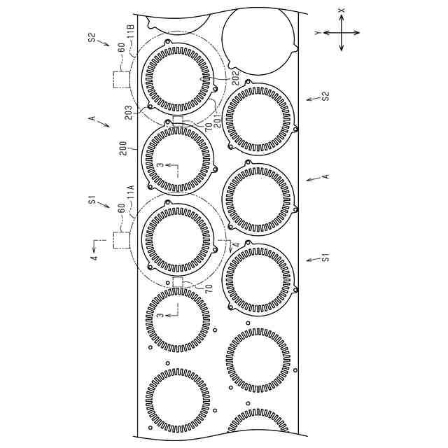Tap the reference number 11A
pyautogui.click(x=131, y=192)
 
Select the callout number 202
pyautogui.click(x=236, y=78)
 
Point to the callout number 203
pyautogui.click(x=129, y=113)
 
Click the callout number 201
pyautogui.click(x=218, y=120)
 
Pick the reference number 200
pyautogui.click(x=123, y=148)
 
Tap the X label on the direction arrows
pyautogui.click(x=342, y=10)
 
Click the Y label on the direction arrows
pyautogui.click(x=318, y=33)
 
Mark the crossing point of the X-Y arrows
pyautogui.click(x=342, y=33)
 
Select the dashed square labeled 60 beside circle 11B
pyautogui.click(x=122, y=79)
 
